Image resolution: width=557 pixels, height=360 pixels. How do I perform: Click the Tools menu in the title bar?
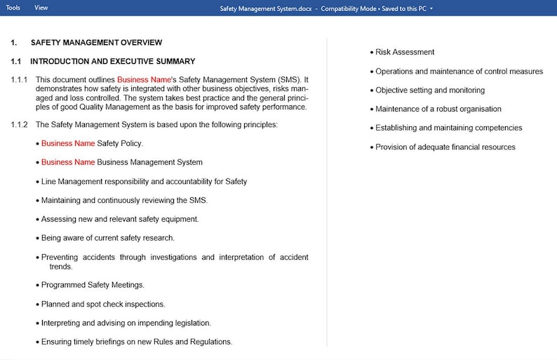pyautogui.click(x=13, y=8)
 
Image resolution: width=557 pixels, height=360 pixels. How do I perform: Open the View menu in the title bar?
pyautogui.click(x=41, y=8)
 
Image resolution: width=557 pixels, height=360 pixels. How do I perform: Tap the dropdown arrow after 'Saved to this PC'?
pyautogui.click(x=431, y=8)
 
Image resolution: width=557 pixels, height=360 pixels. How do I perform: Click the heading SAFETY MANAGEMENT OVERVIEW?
pyautogui.click(x=96, y=43)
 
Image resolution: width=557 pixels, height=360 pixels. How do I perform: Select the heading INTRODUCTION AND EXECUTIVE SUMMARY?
pyautogui.click(x=112, y=62)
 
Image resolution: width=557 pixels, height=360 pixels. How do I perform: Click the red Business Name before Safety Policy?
pyautogui.click(x=68, y=143)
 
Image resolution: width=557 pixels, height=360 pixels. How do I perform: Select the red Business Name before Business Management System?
pyautogui.click(x=68, y=162)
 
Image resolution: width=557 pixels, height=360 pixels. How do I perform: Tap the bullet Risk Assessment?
pyautogui.click(x=404, y=52)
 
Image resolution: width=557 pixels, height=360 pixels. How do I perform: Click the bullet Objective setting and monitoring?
pyautogui.click(x=429, y=91)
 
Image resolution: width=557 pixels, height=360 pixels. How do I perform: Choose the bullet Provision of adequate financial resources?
pyautogui.click(x=445, y=147)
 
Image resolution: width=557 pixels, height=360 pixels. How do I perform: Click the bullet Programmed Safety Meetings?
pyautogui.click(x=93, y=285)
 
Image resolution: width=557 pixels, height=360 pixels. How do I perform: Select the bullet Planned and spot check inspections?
pyautogui.click(x=103, y=305)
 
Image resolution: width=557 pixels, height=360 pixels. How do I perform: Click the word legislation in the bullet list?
pyautogui.click(x=190, y=324)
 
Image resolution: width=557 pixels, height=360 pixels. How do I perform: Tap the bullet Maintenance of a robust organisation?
pyautogui.click(x=438, y=109)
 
